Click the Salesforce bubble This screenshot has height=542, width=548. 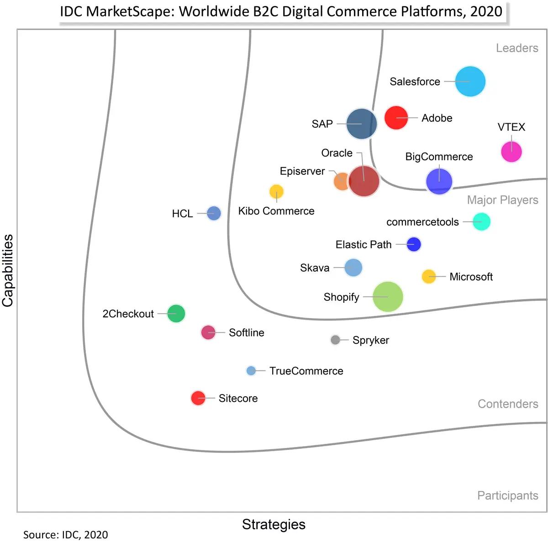(470, 82)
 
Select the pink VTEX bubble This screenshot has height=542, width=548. (511, 152)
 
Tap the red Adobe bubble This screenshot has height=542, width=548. (396, 118)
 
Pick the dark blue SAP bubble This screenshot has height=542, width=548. (362, 124)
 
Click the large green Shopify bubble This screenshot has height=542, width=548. (388, 297)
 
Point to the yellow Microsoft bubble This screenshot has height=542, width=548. (429, 276)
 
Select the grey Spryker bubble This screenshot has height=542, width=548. (335, 340)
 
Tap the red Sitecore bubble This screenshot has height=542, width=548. (198, 398)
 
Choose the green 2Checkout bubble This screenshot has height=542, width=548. (176, 314)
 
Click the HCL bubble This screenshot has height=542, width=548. (214, 213)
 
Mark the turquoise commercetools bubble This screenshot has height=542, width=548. (481, 222)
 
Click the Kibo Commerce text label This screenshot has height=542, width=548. (276, 211)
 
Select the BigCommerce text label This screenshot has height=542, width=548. (439, 157)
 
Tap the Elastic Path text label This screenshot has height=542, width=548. (364, 245)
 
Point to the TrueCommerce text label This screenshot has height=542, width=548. (306, 371)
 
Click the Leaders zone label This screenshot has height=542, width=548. (517, 48)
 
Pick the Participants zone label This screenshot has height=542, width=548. (507, 495)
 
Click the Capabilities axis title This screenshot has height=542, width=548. (8, 271)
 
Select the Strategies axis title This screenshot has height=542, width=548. (274, 524)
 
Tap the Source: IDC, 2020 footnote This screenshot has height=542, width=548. (66, 535)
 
